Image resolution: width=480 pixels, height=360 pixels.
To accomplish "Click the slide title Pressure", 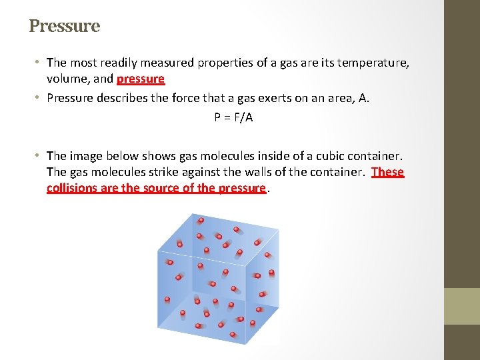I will tap(64, 26).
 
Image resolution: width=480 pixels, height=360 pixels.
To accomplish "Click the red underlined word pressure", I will tap(140, 79).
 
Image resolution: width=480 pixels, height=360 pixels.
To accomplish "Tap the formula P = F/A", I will tap(233, 117).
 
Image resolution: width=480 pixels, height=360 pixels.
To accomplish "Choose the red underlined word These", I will tap(387, 172).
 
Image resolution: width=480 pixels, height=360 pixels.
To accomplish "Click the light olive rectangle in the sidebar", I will tap(462, 306).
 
